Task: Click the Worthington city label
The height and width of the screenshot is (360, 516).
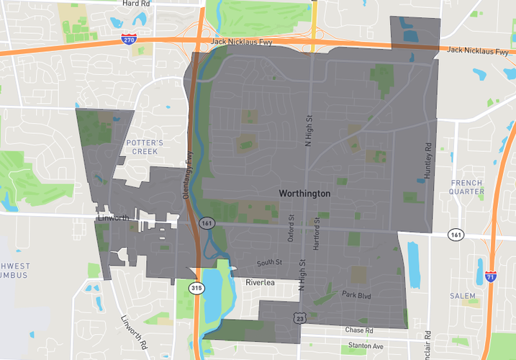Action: coord(304,194)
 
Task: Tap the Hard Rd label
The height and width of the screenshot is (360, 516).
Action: coord(136,4)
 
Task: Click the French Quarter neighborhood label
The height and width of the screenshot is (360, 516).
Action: coord(466,187)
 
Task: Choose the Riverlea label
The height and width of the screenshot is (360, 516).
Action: coord(260,282)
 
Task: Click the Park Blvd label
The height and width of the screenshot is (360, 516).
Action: coord(356,294)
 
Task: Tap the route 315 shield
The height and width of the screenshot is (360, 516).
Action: coord(196,287)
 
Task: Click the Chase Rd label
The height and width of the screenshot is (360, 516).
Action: coord(359,330)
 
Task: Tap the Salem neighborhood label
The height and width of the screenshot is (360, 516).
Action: coord(463,296)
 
